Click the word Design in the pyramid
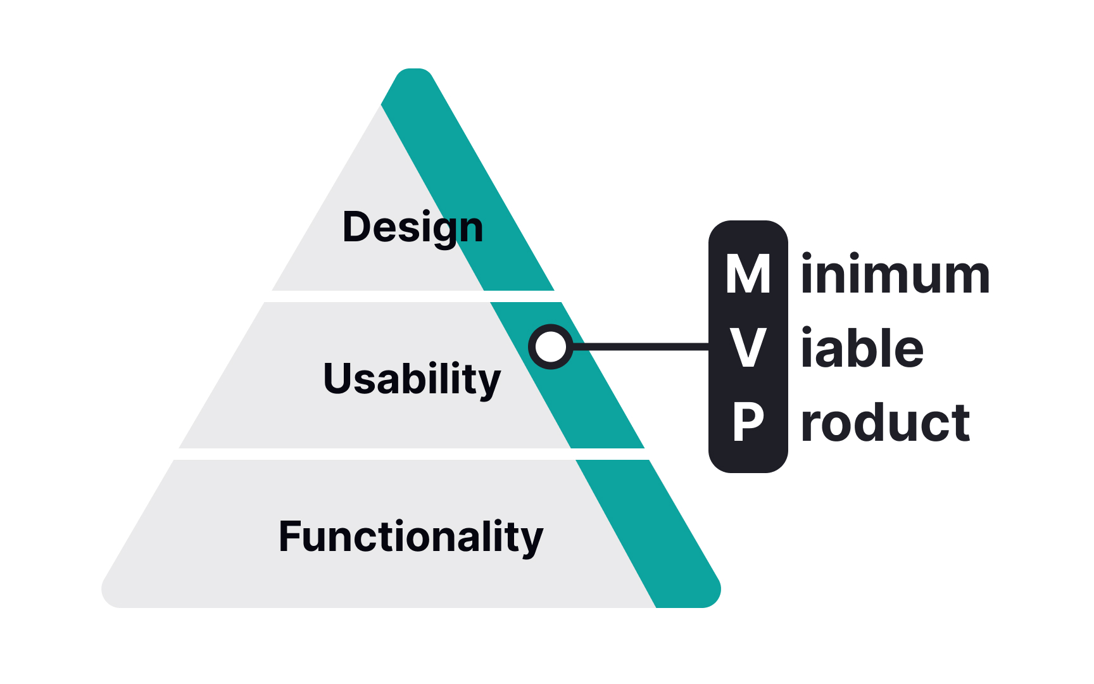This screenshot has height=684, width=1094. [x=413, y=227]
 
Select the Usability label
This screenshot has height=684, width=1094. [x=412, y=379]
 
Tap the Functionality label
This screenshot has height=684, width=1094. [x=411, y=536]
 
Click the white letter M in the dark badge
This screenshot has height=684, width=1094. [x=748, y=274]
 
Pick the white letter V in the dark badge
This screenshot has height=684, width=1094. [x=748, y=348]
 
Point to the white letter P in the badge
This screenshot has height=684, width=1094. [x=748, y=422]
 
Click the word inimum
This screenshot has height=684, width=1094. [x=895, y=275]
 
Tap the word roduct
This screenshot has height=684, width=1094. [x=885, y=422]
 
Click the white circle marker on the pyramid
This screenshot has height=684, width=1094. [x=551, y=346]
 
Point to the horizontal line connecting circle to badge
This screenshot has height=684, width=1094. [x=639, y=346]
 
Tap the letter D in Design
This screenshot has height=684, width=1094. [x=357, y=227]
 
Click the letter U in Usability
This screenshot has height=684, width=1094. [x=338, y=378]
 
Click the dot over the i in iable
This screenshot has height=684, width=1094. [x=807, y=331]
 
